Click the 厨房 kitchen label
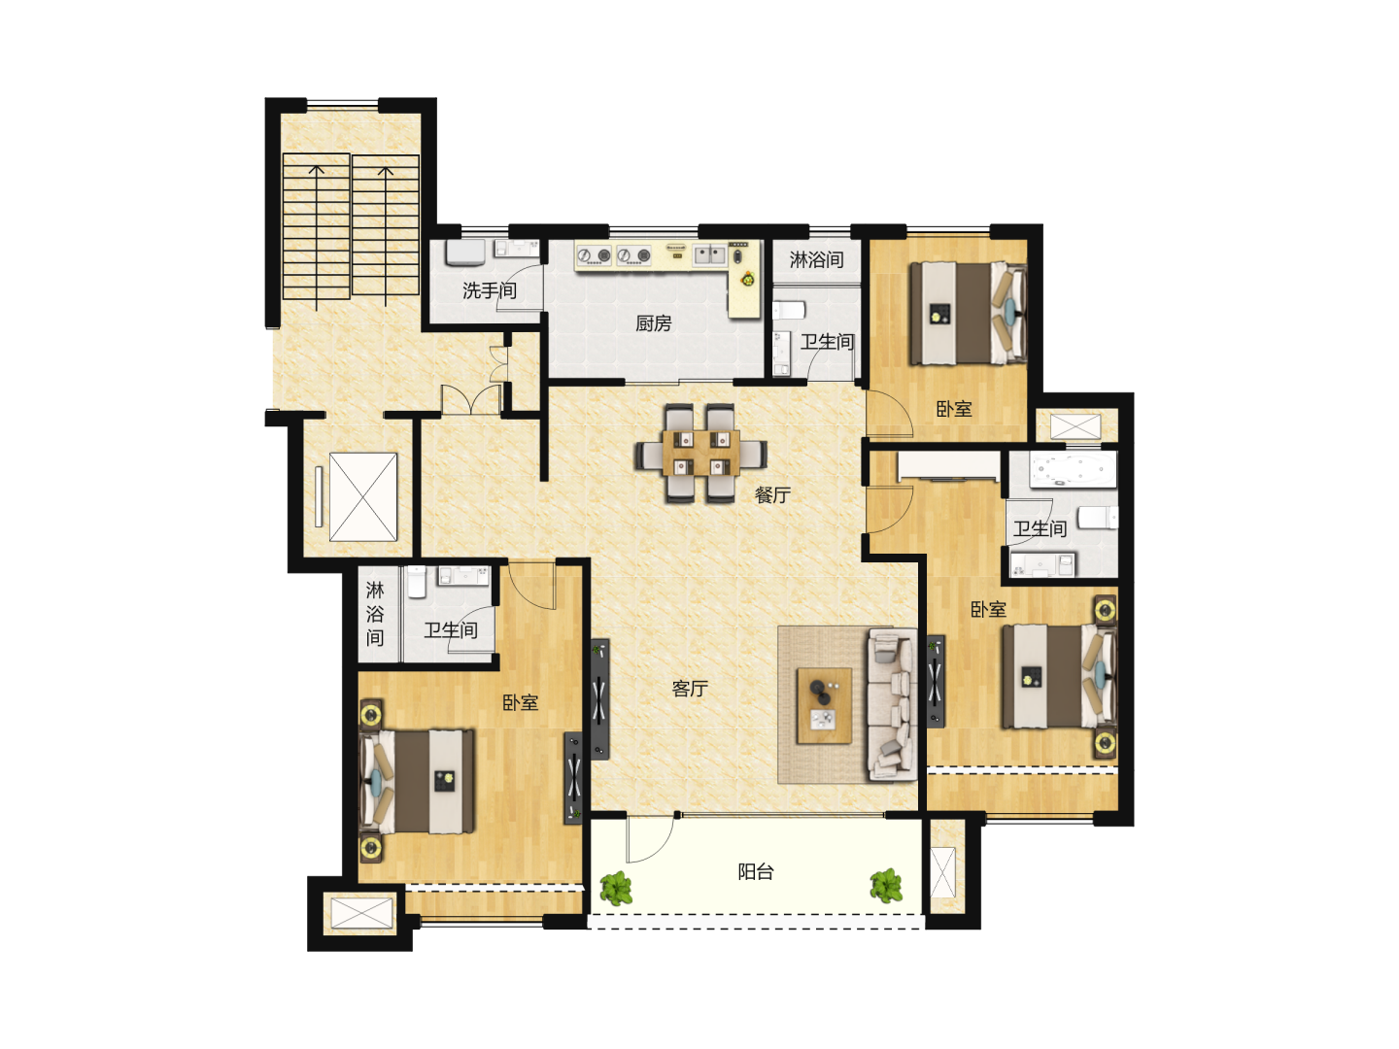tap(653, 323)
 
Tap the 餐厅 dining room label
tap(772, 495)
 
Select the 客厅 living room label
tap(690, 689)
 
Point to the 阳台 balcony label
tap(756, 871)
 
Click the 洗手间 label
tap(489, 290)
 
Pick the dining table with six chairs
tap(700, 454)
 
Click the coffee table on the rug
tap(824, 706)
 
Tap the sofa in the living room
tap(892, 704)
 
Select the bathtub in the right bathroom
tap(1074, 470)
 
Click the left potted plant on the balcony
tap(616, 887)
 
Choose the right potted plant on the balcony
tap(887, 885)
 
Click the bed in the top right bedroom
tap(968, 314)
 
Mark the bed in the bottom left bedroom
tap(417, 782)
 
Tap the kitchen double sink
tap(709, 255)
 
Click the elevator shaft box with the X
tap(362, 496)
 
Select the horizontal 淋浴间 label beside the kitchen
tap(816, 259)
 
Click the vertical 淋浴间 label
tap(375, 613)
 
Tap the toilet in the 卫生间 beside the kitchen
tap(789, 311)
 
